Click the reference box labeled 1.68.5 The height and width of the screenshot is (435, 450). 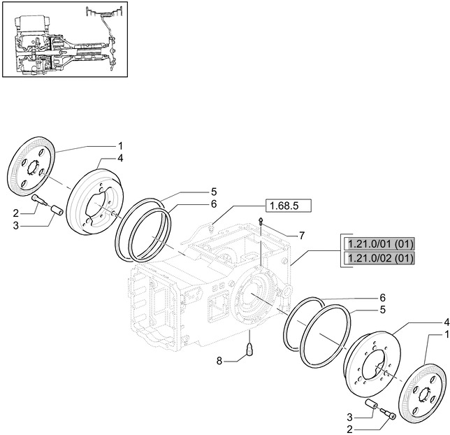[287, 206]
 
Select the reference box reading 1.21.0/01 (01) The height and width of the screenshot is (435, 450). [378, 244]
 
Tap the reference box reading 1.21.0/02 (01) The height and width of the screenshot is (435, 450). [378, 259]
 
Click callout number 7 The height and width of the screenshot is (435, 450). [302, 236]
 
